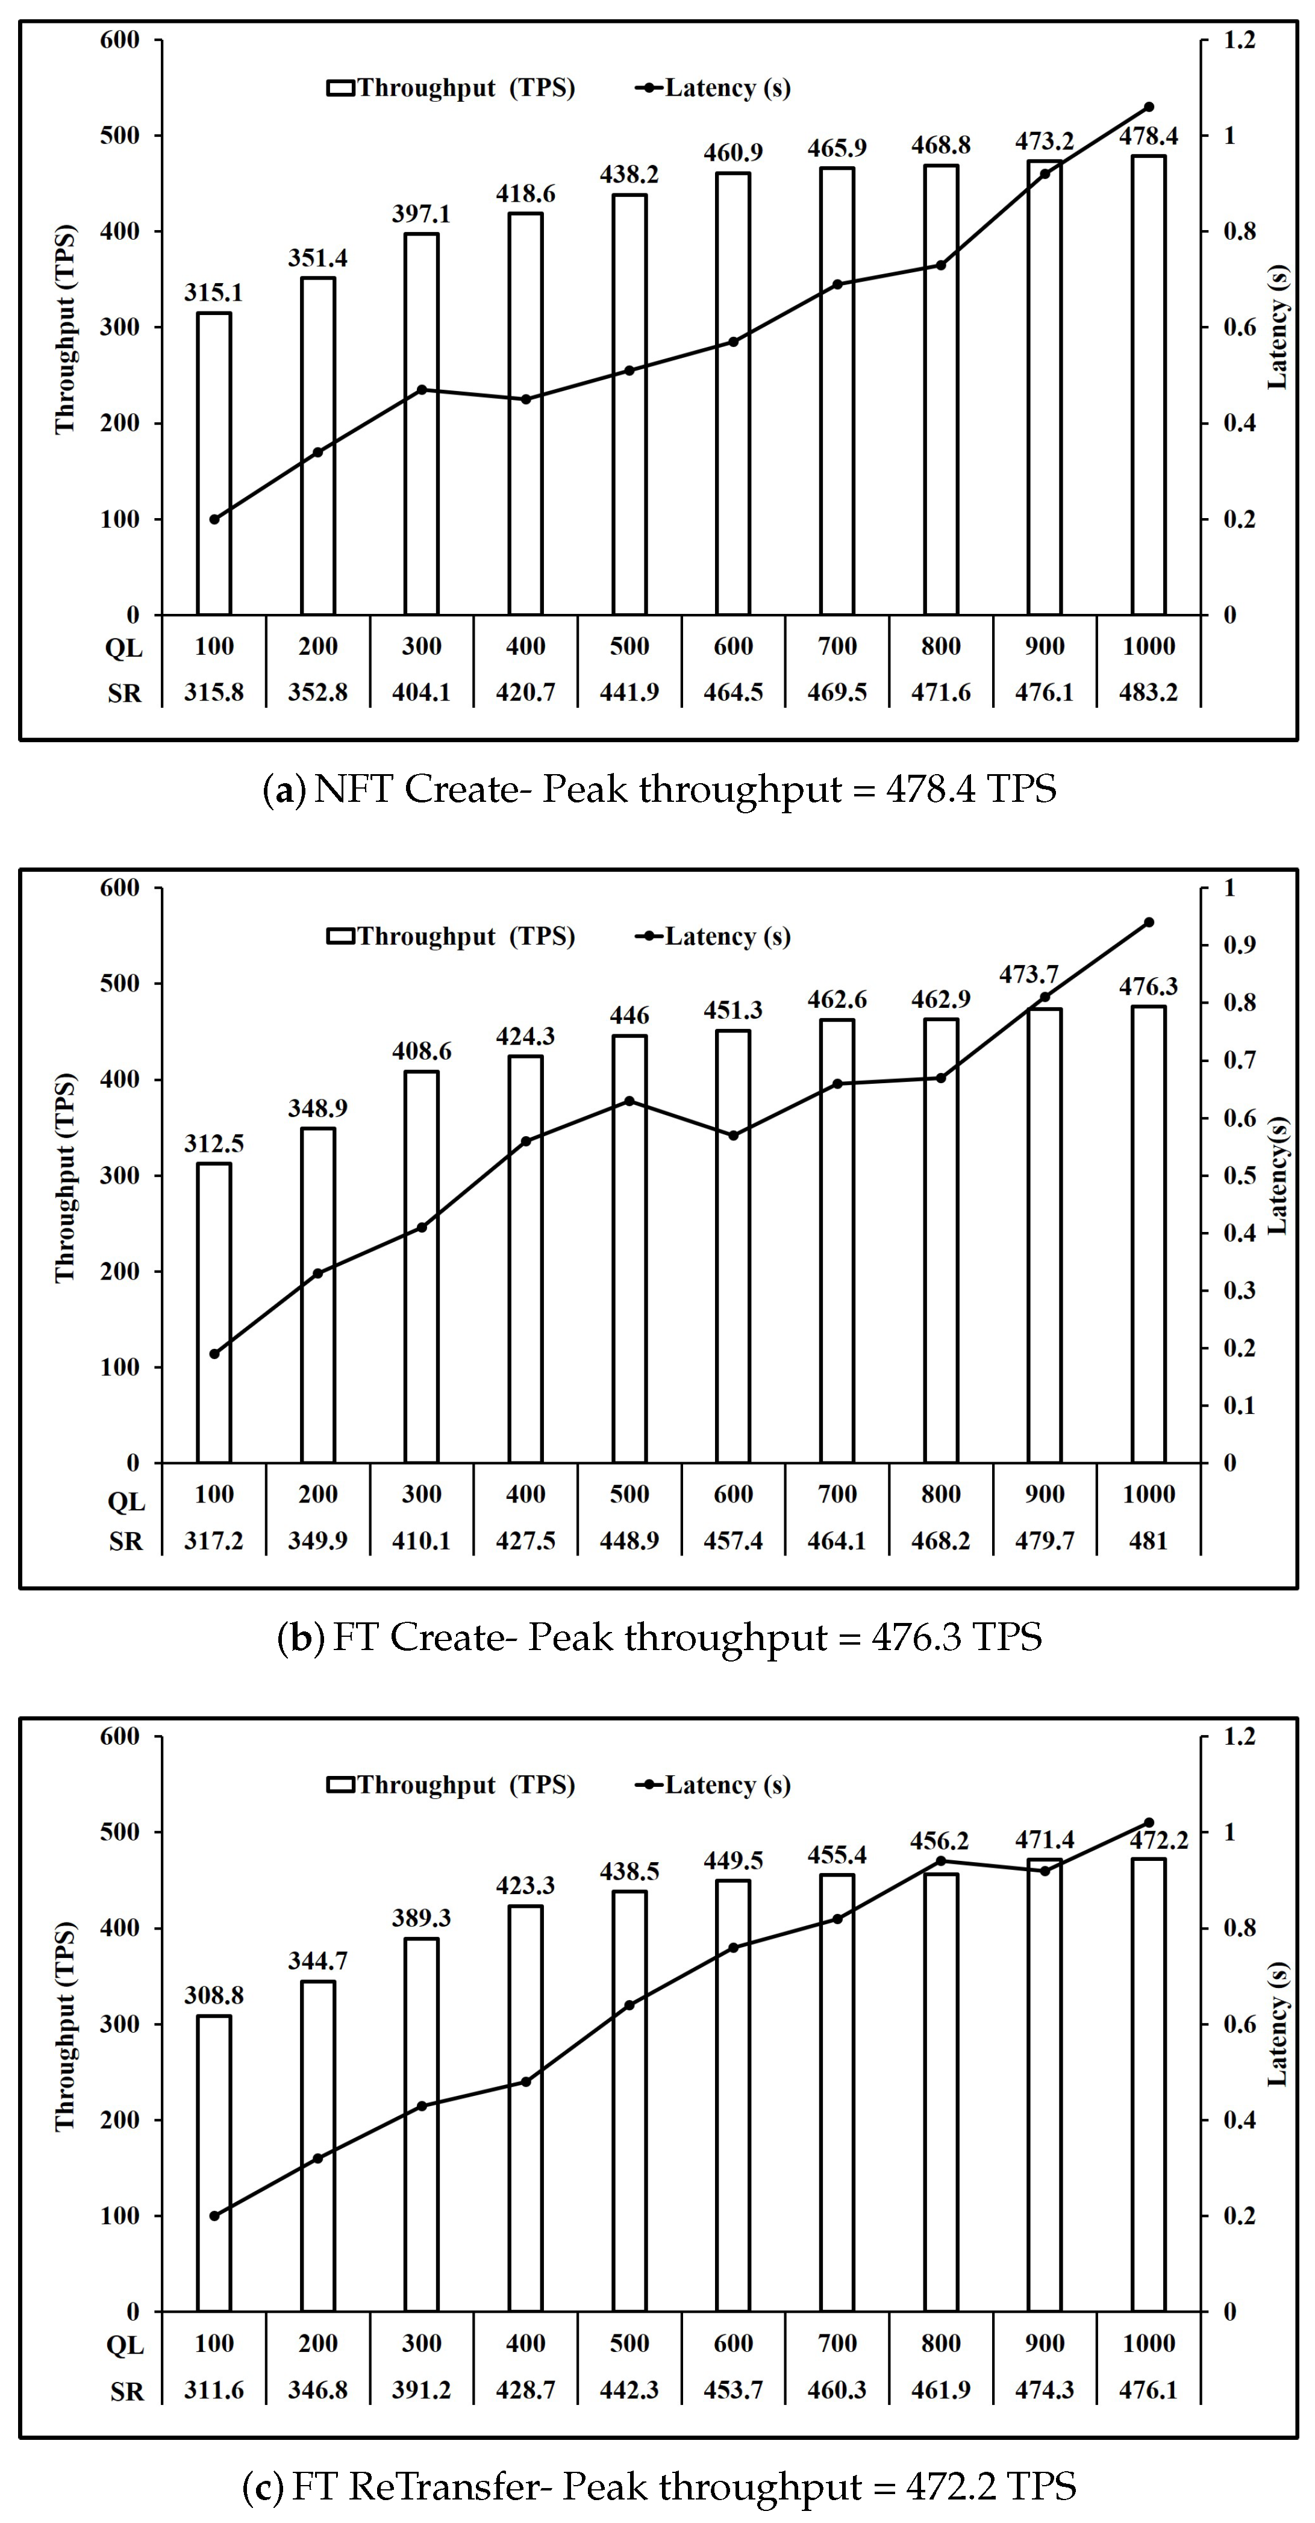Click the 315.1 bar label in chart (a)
click(x=213, y=293)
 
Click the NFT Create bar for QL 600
click(x=732, y=392)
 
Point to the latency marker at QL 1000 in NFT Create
click(x=1149, y=107)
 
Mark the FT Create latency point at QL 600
click(x=732, y=1135)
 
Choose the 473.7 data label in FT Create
click(x=1028, y=975)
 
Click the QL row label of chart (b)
click(x=125, y=1501)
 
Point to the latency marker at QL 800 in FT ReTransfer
click(x=941, y=1861)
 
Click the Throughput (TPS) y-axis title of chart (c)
click(x=64, y=2027)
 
